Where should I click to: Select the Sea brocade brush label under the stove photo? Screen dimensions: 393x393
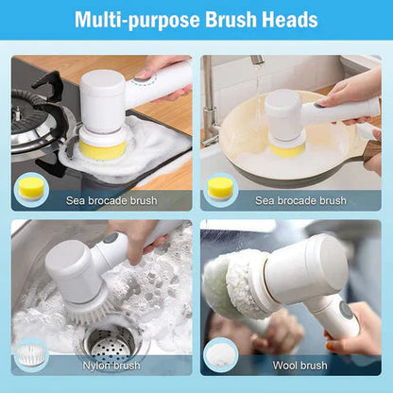point(111,200)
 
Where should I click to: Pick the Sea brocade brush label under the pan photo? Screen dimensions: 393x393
point(299,200)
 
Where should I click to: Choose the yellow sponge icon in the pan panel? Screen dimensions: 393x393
point(220,188)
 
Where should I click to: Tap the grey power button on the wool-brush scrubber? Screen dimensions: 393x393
point(347,308)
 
